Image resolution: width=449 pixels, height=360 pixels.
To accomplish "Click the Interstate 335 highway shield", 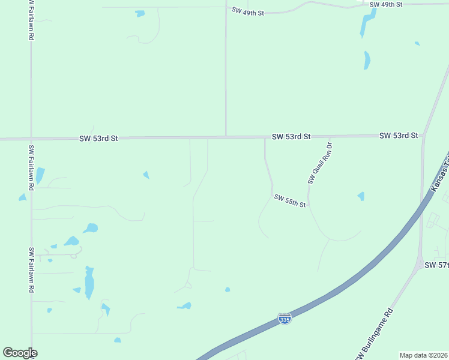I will click(x=285, y=319).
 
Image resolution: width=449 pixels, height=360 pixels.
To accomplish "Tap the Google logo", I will click(x=20, y=353).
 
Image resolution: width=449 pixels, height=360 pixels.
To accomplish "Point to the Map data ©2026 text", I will click(x=423, y=355).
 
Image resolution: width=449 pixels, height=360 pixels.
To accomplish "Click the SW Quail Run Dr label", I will click(x=319, y=163).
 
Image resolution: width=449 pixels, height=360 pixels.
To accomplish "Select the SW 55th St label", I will click(x=290, y=201).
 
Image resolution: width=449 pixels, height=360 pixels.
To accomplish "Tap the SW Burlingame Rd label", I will click(x=374, y=334).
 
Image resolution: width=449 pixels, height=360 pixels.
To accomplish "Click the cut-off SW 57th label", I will click(x=436, y=265).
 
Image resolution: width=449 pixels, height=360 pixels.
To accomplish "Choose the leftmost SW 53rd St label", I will click(x=98, y=138).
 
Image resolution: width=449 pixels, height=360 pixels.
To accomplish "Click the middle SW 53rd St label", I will click(x=291, y=137).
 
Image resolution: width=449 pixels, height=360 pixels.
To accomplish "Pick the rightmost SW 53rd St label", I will click(x=398, y=136).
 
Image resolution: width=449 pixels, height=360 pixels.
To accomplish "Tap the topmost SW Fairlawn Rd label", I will click(x=31, y=20).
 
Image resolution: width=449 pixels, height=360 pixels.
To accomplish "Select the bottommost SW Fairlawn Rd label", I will click(x=31, y=269).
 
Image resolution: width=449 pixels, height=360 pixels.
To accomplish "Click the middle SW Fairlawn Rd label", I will click(x=31, y=167).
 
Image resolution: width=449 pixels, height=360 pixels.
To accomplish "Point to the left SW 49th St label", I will click(x=247, y=12).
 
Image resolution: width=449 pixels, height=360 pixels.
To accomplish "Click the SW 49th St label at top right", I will click(x=385, y=4).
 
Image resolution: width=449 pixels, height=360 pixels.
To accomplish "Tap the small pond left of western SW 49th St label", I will click(x=140, y=13).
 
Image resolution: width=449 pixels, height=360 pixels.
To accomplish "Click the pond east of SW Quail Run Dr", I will click(x=361, y=196).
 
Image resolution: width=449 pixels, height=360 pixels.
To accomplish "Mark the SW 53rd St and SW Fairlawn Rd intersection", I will click(x=31, y=139).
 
